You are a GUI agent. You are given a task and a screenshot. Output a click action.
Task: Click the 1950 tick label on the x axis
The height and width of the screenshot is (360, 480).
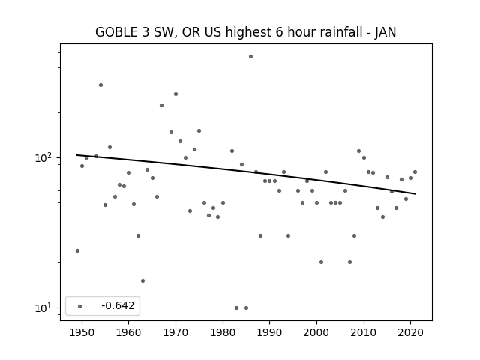pos(82,332)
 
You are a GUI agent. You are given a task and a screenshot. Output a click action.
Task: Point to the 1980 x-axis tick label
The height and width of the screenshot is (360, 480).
pos(223,332)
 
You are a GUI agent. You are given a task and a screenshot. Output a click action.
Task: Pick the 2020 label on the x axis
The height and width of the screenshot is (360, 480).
pos(411,332)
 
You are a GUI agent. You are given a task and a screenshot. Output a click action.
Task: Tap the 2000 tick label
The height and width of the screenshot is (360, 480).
pos(316,332)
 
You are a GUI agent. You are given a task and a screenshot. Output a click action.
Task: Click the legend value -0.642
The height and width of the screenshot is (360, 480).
pos(118,305)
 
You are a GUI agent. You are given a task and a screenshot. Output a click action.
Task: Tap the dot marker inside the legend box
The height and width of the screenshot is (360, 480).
pos(80,306)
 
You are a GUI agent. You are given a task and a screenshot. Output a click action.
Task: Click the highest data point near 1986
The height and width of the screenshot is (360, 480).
pos(250,57)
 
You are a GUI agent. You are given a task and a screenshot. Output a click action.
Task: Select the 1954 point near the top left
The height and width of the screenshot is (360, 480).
pos(100,85)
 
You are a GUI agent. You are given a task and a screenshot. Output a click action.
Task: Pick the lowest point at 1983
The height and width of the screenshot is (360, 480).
pos(237,308)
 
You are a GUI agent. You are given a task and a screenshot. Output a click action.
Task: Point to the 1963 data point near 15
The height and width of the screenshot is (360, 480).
pos(142,280)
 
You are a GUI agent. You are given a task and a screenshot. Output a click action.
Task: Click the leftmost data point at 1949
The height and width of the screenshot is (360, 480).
pos(77,250)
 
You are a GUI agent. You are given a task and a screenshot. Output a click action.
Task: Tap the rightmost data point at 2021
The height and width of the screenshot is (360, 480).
pos(415,172)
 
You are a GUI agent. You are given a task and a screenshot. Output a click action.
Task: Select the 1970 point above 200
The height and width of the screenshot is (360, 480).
pos(175,94)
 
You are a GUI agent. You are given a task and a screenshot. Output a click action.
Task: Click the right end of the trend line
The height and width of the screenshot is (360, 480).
pos(415,193)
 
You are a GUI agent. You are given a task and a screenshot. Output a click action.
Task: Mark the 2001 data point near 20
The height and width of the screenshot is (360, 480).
pos(321,262)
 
